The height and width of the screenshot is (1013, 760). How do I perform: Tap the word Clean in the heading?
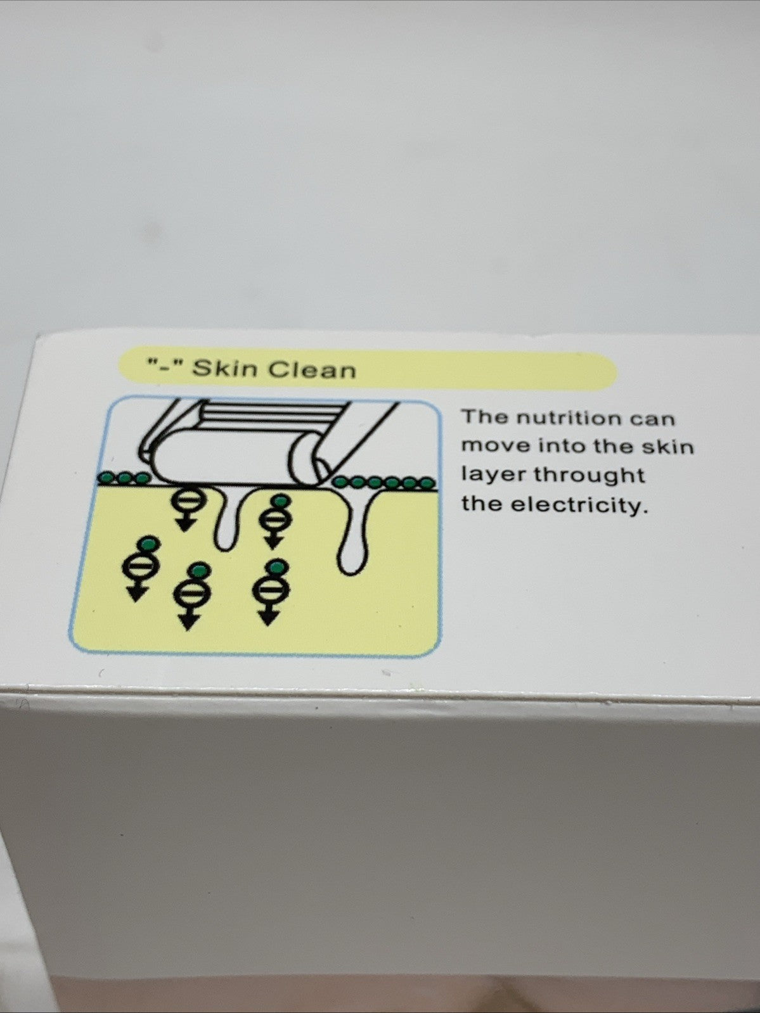point(312,370)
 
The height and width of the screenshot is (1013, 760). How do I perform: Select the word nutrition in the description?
point(569,418)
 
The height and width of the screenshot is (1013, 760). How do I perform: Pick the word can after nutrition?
point(652,419)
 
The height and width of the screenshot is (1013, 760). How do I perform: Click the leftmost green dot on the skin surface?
point(108,478)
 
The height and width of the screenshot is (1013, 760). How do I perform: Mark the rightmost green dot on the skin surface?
point(427,483)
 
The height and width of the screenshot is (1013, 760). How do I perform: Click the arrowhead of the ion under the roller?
point(185,526)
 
